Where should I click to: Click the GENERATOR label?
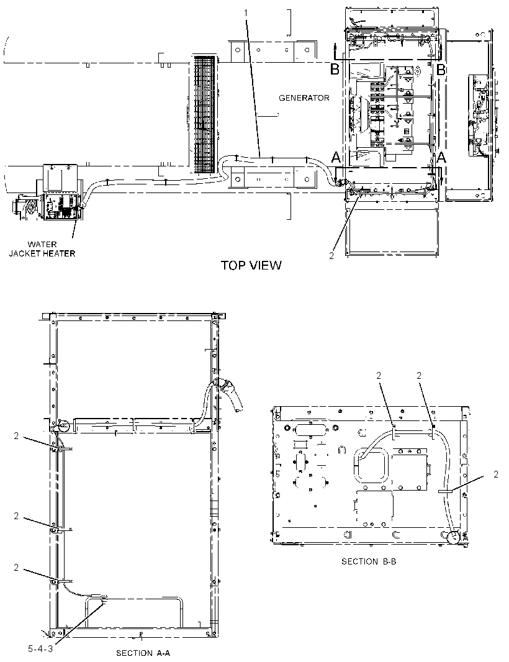[x=304, y=98]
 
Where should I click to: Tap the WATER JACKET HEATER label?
[x=42, y=248]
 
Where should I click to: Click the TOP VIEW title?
[x=251, y=265]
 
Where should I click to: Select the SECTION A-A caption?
[x=143, y=653]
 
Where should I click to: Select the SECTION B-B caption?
[x=369, y=561]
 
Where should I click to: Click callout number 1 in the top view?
[x=246, y=13]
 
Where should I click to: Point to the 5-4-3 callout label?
[x=40, y=649]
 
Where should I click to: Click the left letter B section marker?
[x=335, y=69]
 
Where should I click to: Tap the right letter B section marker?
[x=441, y=69]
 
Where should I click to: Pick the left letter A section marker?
[x=336, y=158]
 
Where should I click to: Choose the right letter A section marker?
[x=441, y=158]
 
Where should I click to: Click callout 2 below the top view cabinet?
[x=331, y=255]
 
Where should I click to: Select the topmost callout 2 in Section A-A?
[x=16, y=436]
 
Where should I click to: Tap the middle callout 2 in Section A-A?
[x=16, y=516]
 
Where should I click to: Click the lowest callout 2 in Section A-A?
[x=16, y=568]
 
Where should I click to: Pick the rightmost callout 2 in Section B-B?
[x=496, y=474]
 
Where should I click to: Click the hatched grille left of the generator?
[x=205, y=114]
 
